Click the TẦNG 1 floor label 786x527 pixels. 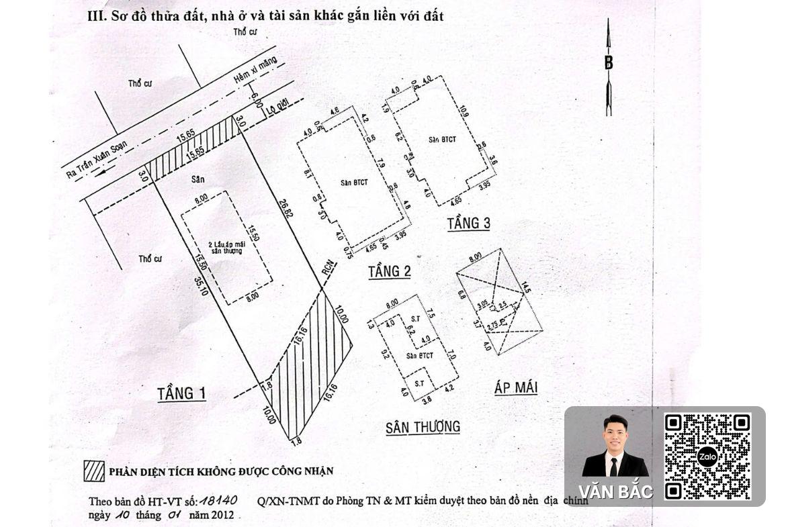[x=181, y=393]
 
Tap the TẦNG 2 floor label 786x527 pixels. [x=389, y=271]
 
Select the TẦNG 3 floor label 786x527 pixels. [x=468, y=223]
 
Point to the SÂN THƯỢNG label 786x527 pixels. [x=423, y=427]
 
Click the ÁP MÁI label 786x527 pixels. [x=515, y=387]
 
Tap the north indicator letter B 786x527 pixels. [x=609, y=63]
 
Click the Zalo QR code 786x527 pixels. [x=707, y=457]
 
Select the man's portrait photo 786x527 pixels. [x=614, y=446]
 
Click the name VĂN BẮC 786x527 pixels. [x=615, y=492]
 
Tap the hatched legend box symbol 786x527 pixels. [x=93, y=471]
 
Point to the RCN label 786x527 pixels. [x=327, y=271]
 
